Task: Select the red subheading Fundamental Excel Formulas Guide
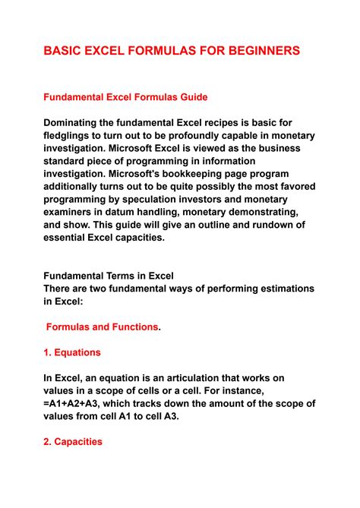point(125,97)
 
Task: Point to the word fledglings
point(74,136)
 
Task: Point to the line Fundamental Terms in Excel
point(109,276)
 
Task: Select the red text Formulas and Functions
point(103,327)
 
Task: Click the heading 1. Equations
point(72,352)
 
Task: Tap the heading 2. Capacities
point(73,443)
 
